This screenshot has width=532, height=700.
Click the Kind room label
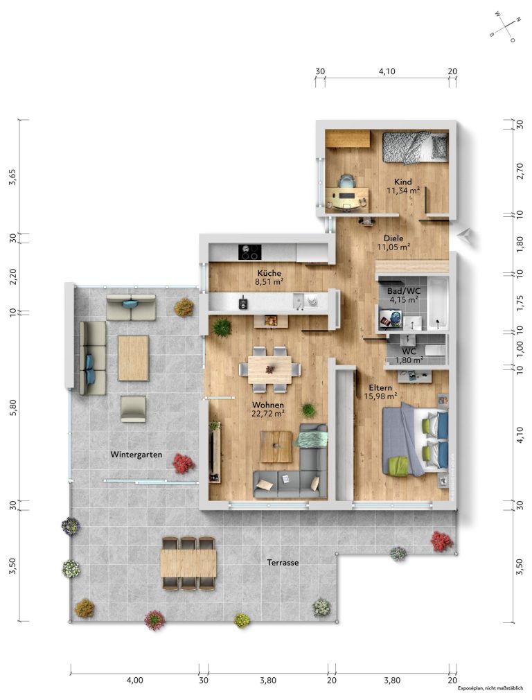402,182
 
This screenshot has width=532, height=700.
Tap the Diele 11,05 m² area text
393,247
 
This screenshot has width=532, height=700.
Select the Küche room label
269,273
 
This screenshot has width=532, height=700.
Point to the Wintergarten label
136,455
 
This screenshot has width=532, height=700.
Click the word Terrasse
283,563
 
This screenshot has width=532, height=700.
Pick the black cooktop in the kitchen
250,252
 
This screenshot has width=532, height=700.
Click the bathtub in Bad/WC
437,303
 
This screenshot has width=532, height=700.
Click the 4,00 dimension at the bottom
135,681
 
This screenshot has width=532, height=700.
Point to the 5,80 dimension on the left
12,407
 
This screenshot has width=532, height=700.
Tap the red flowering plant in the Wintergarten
184,464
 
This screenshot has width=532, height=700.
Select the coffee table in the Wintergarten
133,358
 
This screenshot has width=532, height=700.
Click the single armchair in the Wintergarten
133,408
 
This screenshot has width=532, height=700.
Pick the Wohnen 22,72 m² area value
268,414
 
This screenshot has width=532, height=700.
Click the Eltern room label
380,387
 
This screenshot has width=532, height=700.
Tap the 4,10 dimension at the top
387,71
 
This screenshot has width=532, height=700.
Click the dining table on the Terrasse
188,563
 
